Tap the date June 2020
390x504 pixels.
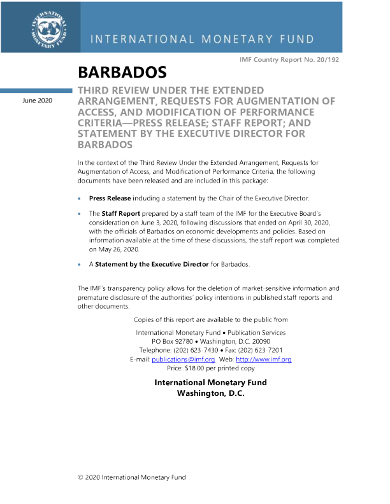tap(38, 101)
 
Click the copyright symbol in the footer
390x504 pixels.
tap(80, 477)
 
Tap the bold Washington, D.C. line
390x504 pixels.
tap(210, 393)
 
